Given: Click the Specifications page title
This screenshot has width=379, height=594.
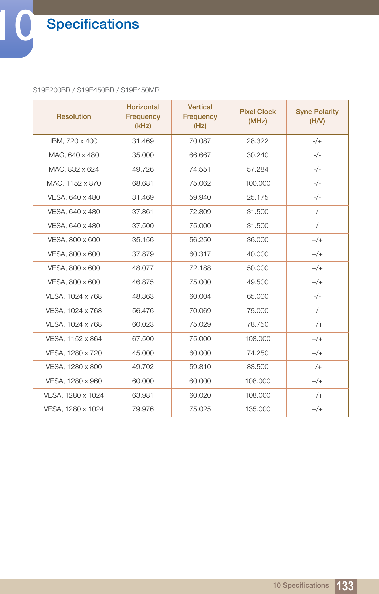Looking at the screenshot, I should [93, 24].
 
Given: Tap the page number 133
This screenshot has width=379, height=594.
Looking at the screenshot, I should [345, 586].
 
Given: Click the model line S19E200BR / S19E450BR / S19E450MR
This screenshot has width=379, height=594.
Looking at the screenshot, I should [96, 90].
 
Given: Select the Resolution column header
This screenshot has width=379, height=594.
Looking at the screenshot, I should [74, 116].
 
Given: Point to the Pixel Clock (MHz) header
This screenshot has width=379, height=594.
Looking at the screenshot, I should [257, 116].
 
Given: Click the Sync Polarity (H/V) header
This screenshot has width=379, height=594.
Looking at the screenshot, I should [317, 116].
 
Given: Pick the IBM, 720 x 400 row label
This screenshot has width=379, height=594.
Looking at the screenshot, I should [74, 141].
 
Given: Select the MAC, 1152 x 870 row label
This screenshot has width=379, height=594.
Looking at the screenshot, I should [74, 183].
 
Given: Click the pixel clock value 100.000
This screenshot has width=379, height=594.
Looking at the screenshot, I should [257, 183].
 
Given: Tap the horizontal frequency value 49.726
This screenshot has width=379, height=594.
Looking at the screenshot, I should [143, 169].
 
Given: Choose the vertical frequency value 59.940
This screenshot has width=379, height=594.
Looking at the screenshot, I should [200, 197].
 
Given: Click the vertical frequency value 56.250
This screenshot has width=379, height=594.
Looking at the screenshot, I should [200, 240].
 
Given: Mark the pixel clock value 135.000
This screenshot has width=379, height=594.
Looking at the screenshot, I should [257, 409].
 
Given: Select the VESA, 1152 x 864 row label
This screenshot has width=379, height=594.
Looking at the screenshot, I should [74, 339].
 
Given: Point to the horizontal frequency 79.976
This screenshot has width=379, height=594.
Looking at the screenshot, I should [143, 409].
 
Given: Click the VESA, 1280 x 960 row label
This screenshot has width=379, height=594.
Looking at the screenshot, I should [74, 381].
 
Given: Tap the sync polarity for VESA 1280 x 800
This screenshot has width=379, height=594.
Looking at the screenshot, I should [317, 367].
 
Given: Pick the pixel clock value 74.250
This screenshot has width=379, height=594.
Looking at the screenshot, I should [257, 353].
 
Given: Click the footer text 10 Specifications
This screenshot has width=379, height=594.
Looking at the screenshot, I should [301, 585].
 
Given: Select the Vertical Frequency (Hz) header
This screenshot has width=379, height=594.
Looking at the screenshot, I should [200, 116].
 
